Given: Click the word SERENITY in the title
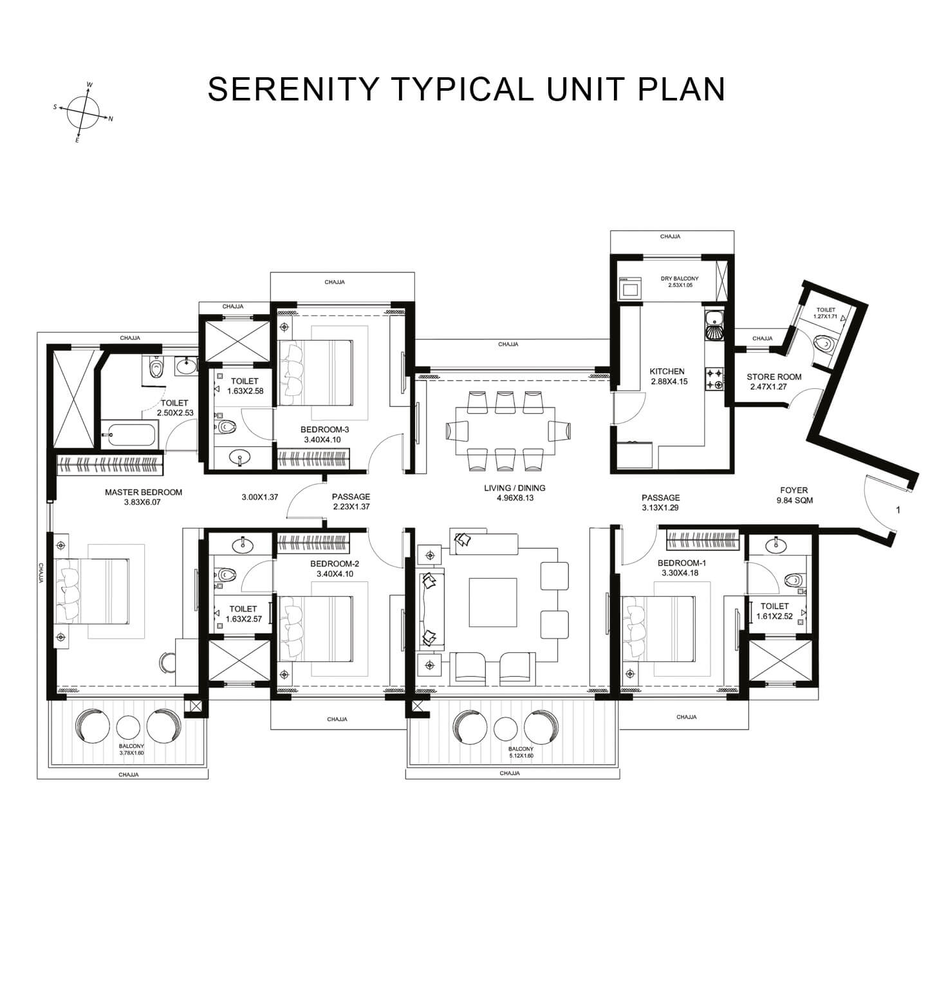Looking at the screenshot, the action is point(293,89).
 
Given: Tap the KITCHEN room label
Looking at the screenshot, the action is point(667,371).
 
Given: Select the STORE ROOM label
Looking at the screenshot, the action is point(774,377).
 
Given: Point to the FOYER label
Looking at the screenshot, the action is point(793,490).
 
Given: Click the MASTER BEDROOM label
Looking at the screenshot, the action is point(144,492).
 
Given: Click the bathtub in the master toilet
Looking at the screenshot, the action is point(129,435).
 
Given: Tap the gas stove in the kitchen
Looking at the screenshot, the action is point(715,379).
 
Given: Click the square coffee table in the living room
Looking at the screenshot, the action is point(492,603).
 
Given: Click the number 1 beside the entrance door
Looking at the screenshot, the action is point(898,511).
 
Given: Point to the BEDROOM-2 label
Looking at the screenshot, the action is point(337,564).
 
